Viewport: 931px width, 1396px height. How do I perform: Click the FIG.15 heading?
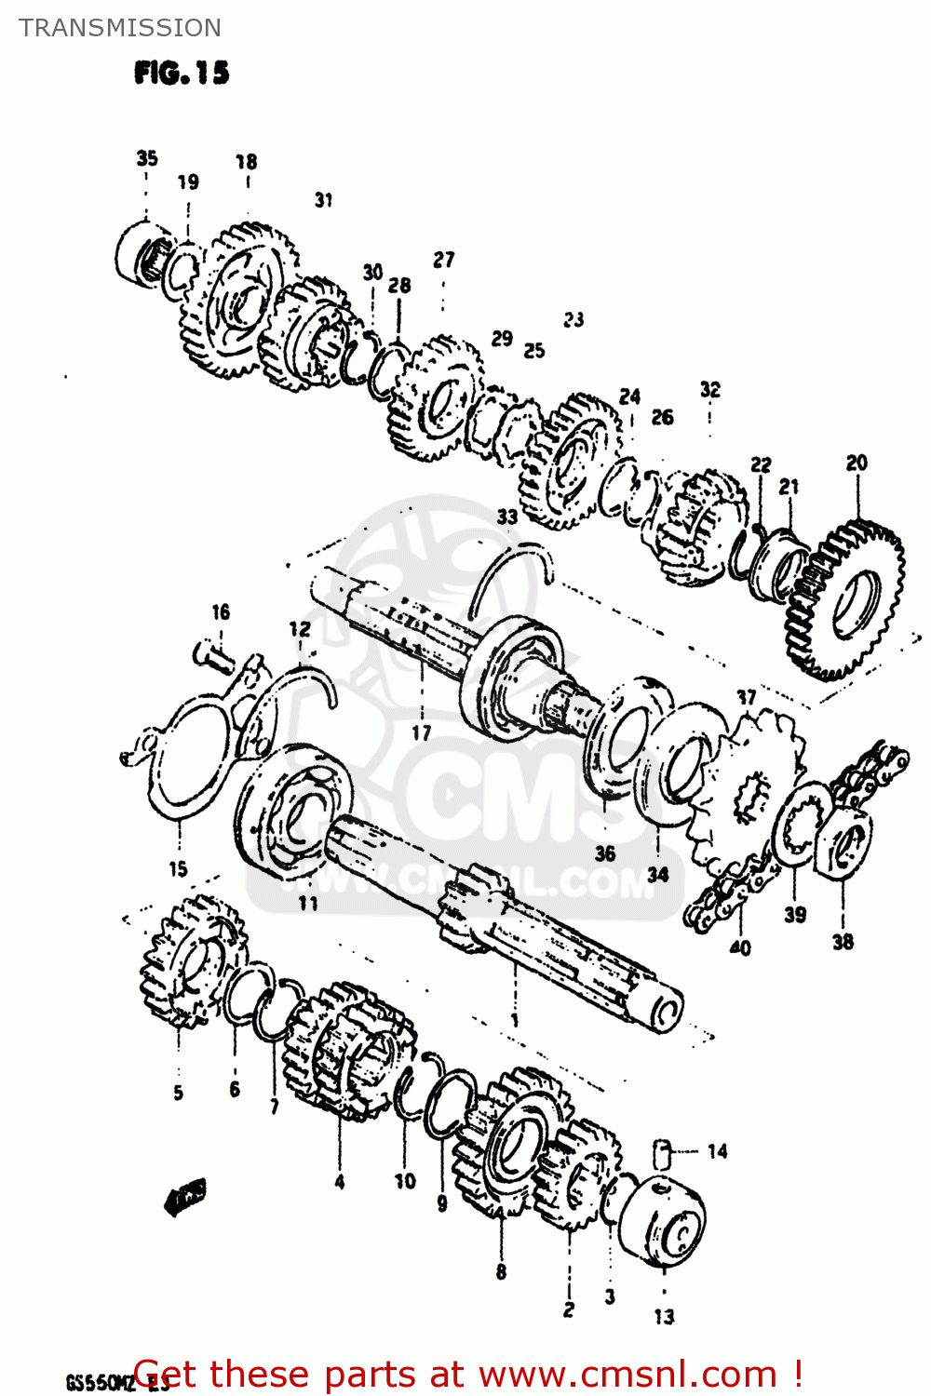click(182, 73)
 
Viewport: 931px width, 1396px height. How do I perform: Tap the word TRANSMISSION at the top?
click(120, 28)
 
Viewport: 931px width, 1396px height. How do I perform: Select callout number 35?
click(147, 158)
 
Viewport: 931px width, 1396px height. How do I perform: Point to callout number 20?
click(857, 463)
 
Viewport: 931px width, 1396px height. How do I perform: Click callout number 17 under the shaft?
click(422, 732)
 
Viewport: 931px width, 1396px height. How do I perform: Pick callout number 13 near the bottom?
click(664, 1316)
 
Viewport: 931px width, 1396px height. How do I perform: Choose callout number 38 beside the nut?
click(843, 942)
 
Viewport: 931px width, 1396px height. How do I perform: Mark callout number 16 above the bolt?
click(221, 611)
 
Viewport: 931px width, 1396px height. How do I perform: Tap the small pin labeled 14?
click(663, 1152)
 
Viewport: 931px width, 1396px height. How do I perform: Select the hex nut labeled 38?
click(844, 843)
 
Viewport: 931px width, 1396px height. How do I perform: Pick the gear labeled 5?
click(191, 959)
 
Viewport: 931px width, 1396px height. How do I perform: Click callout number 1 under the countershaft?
click(515, 1021)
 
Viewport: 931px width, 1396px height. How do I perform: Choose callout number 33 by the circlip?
click(506, 517)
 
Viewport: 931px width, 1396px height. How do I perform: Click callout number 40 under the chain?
click(740, 948)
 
